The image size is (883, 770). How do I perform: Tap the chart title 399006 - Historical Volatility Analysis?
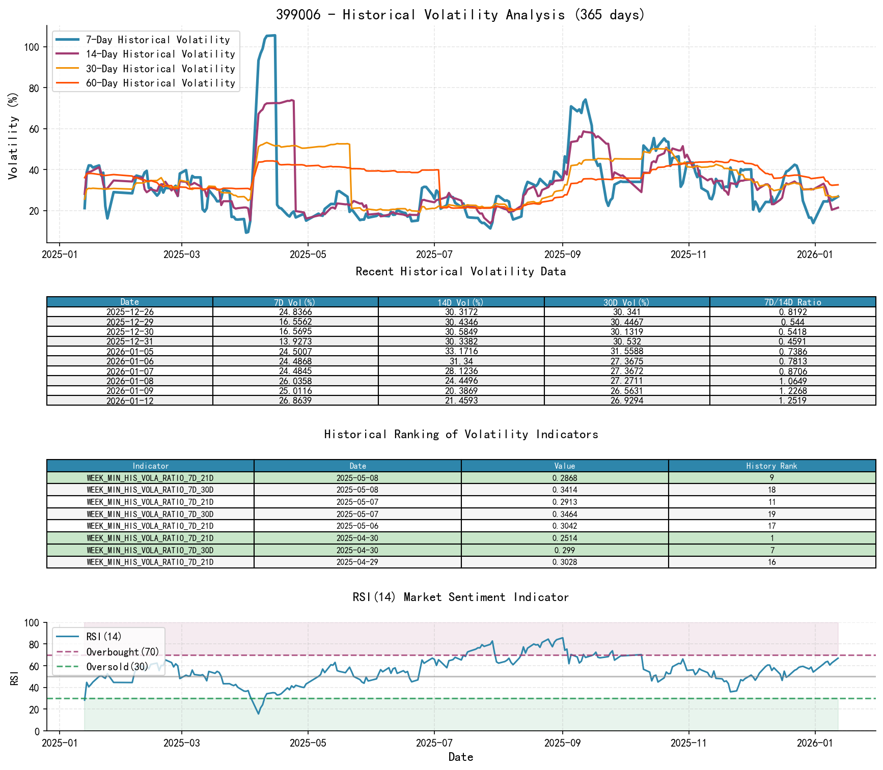pyautogui.click(x=460, y=14)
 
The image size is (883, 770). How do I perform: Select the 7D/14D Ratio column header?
pyautogui.click(x=792, y=302)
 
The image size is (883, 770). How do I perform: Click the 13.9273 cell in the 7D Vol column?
pyautogui.click(x=295, y=341)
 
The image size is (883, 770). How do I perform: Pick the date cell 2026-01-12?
pyautogui.click(x=130, y=401)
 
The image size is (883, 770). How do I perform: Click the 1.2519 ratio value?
pyautogui.click(x=792, y=401)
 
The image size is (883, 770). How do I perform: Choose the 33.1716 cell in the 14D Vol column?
pyautogui.click(x=461, y=352)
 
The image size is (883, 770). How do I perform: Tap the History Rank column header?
pyautogui.click(x=771, y=466)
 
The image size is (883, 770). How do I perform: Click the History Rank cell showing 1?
pyautogui.click(x=771, y=538)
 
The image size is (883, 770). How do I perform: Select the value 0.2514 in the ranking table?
pyautogui.click(x=564, y=538)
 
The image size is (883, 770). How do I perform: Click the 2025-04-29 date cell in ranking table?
pyautogui.click(x=357, y=562)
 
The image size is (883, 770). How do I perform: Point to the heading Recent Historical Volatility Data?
pyautogui.click(x=460, y=271)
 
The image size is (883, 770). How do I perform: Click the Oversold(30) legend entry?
pyautogui.click(x=117, y=667)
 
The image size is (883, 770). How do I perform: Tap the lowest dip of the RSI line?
pyautogui.click(x=258, y=714)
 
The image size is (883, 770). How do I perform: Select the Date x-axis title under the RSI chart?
pyautogui.click(x=460, y=757)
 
